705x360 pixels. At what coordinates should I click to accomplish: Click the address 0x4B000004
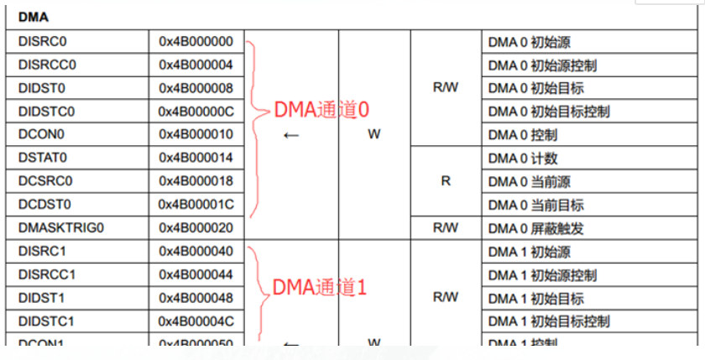(x=196, y=65)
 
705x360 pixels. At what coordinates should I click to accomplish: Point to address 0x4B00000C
(x=196, y=112)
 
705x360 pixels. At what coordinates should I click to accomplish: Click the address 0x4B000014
(x=196, y=158)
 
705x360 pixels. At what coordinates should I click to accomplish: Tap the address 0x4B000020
(x=196, y=227)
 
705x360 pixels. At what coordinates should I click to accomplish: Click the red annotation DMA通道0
(x=321, y=110)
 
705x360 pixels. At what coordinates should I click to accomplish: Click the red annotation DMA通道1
(x=321, y=288)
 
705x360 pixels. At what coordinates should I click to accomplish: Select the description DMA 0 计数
(x=523, y=158)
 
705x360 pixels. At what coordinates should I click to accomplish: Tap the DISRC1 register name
(x=41, y=251)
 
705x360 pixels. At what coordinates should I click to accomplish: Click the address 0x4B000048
(x=196, y=298)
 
